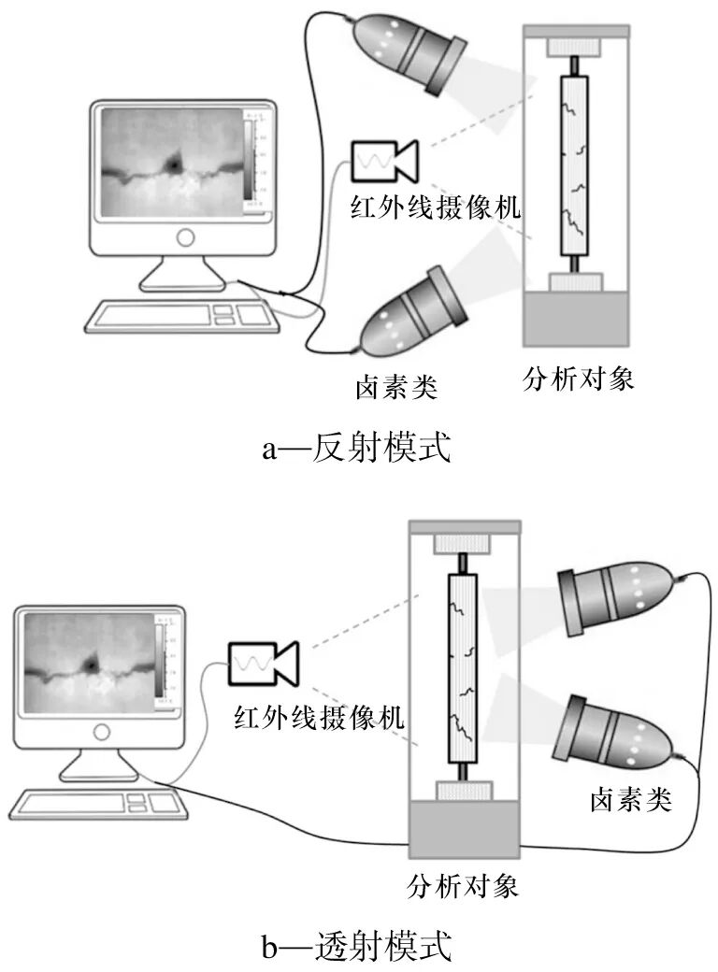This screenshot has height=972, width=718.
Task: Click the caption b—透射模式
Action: tap(356, 947)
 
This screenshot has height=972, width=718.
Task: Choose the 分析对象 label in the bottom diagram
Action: tap(463, 884)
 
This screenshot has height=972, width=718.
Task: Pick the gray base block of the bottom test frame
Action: tap(463, 830)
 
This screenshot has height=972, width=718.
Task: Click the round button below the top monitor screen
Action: tap(185, 237)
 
